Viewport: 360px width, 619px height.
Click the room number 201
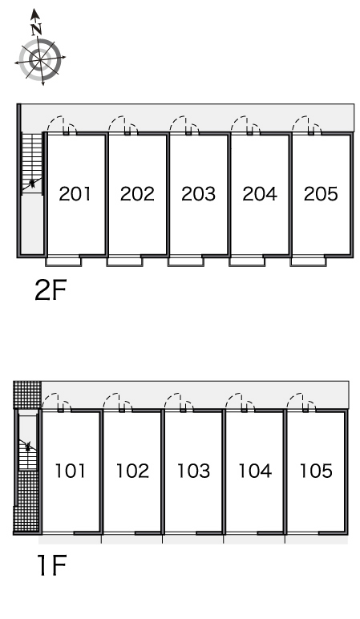click(x=75, y=194)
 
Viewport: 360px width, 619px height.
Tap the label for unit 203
click(x=198, y=194)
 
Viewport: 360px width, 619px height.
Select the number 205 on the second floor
click(x=321, y=194)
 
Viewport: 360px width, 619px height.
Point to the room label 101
click(x=70, y=471)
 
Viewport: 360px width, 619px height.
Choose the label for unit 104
click(x=255, y=471)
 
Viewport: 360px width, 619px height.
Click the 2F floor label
click(x=51, y=290)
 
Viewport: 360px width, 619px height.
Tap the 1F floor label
click(x=51, y=566)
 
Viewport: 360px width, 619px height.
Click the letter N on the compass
click(x=37, y=29)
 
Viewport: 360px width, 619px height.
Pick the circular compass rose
click(x=40, y=60)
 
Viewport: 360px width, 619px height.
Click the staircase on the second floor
click(x=32, y=164)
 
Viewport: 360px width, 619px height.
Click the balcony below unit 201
click(x=63, y=261)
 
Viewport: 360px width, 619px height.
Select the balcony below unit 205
click(x=308, y=261)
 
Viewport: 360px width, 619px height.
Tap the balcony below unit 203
click(x=185, y=261)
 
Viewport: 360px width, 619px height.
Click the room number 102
click(x=132, y=471)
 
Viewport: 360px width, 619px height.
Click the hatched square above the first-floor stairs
click(x=27, y=394)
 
